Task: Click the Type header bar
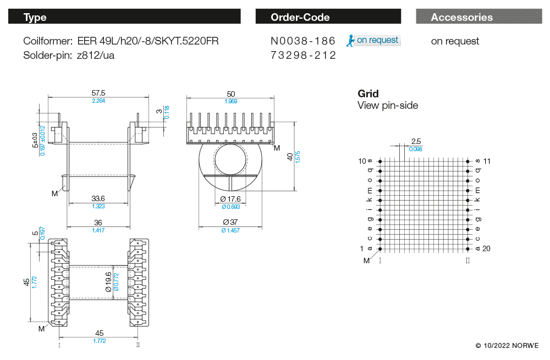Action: pos(124,17)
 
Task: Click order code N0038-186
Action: pos(303,41)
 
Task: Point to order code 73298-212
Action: pos(303,56)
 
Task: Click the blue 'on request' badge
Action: pos(373,40)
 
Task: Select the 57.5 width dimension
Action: pos(98,93)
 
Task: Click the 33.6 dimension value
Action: pos(98,198)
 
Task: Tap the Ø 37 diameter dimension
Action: pos(230,222)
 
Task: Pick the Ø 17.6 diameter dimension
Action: pos(230,199)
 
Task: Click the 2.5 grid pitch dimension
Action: pos(416,141)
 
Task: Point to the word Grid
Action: pos(368,94)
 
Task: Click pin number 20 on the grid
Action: pos(486,248)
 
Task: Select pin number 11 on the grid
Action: pos(486,161)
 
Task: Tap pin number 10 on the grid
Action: pos(362,161)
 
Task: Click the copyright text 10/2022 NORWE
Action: pos(507,345)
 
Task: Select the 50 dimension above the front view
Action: pos(230,94)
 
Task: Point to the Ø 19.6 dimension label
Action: pos(108,281)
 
